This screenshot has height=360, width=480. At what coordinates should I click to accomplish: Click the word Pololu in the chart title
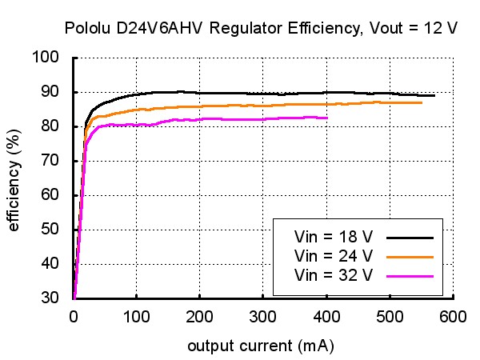[87, 28]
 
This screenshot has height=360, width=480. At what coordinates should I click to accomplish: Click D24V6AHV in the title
[159, 28]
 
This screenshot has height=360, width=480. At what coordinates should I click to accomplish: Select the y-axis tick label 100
[46, 57]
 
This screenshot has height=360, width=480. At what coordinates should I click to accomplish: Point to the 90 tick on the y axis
[50, 91]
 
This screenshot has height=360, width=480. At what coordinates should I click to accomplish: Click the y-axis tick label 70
[50, 160]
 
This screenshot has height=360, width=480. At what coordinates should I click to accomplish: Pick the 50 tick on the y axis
[50, 229]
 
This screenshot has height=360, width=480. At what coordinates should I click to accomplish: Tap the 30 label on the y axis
[50, 297]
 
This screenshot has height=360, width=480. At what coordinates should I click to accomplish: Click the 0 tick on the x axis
[74, 317]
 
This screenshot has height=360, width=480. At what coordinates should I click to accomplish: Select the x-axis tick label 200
[199, 317]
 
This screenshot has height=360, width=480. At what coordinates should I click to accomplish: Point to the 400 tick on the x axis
[326, 317]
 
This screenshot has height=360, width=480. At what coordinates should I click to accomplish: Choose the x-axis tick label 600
[453, 317]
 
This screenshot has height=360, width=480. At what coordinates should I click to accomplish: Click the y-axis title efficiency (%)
[14, 180]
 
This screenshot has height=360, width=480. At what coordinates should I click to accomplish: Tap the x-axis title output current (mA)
[261, 346]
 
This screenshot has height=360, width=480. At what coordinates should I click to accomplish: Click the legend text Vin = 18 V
[334, 237]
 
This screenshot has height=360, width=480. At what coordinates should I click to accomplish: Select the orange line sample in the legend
[410, 257]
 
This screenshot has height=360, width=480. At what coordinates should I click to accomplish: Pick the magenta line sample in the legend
[410, 277]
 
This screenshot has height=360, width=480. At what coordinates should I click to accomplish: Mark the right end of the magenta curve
[327, 118]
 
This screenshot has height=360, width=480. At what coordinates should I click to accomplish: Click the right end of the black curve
[434, 95]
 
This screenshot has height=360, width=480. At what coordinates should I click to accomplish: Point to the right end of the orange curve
[422, 103]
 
